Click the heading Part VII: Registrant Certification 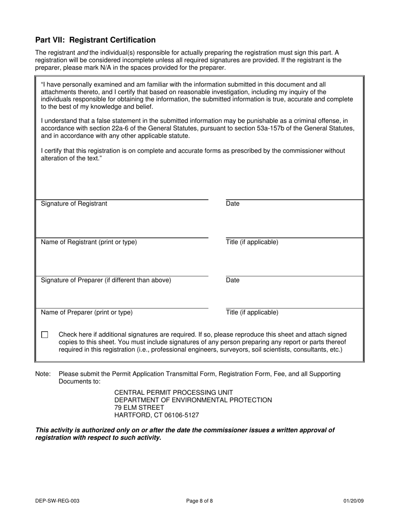click(95, 40)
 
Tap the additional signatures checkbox click(45, 335)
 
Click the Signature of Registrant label click(74, 204)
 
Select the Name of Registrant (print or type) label click(89, 242)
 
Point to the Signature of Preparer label click(106, 280)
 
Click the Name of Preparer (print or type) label click(87, 313)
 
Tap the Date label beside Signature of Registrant click(233, 204)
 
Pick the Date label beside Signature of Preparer click(233, 280)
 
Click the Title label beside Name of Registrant click(252, 242)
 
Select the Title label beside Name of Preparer click(252, 313)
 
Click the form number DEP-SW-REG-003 click(58, 500)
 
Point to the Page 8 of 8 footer click(199, 500)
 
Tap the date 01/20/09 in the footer click(353, 500)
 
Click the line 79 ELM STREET click(139, 408)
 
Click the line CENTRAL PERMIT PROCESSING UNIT click(173, 393)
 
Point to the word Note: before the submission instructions click(43, 374)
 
